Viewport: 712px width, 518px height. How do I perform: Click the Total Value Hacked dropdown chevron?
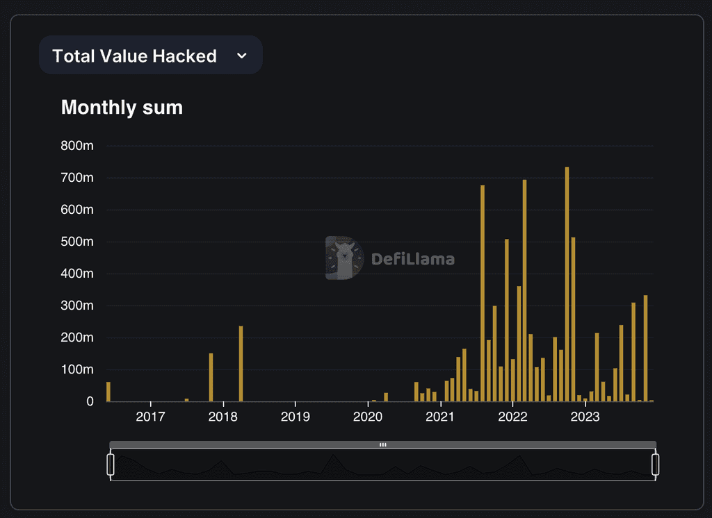point(242,56)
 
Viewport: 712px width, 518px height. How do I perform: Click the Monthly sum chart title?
point(122,108)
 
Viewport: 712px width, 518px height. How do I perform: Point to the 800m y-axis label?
point(77,146)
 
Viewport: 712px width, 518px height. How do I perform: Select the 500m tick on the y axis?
point(77,242)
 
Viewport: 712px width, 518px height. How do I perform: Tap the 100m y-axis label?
point(77,369)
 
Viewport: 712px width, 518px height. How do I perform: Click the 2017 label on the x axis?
point(150,417)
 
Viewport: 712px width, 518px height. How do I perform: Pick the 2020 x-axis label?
point(368,417)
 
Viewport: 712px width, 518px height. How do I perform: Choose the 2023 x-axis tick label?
point(585,417)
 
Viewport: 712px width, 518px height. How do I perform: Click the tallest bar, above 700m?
point(567,284)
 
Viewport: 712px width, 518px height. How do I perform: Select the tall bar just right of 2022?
point(524,290)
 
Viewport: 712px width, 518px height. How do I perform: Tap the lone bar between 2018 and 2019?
point(241,363)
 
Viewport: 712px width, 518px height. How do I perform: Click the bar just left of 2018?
point(211,377)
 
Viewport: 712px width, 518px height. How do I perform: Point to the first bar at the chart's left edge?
point(108,392)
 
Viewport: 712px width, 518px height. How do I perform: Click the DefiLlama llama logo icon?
point(345,258)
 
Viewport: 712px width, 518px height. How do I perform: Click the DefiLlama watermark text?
point(413,259)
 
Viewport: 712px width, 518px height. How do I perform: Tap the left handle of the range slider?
point(111,465)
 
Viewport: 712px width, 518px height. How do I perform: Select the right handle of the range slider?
point(655,465)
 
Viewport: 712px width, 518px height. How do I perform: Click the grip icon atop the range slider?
point(383,444)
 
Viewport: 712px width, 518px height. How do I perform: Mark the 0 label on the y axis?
point(90,401)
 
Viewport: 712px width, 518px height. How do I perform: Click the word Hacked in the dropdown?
point(184,56)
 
